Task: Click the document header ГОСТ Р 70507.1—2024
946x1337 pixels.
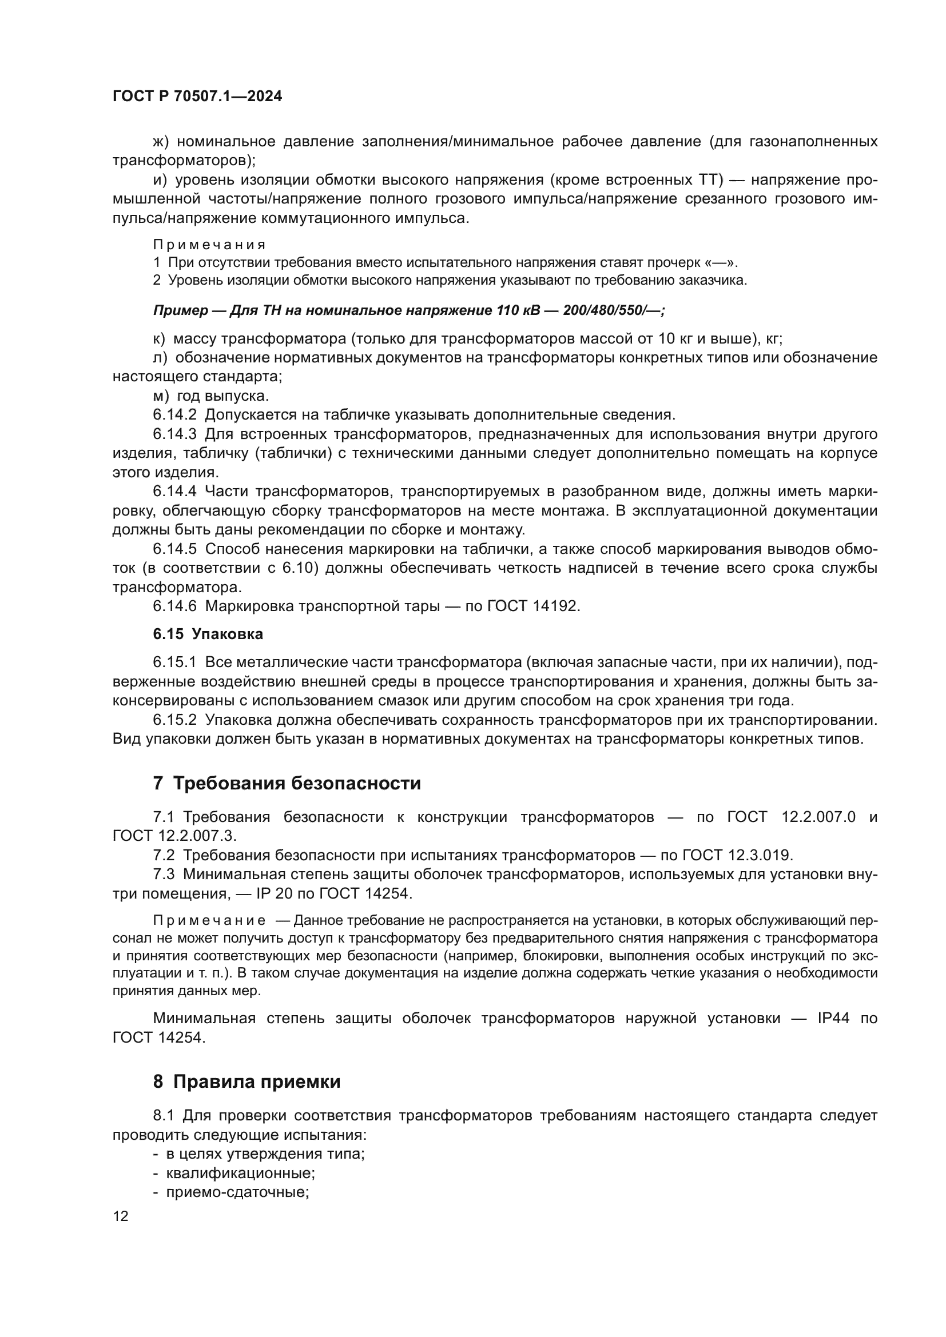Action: click(197, 97)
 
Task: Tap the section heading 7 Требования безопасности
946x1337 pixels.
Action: click(287, 783)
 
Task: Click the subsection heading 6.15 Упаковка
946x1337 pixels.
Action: click(208, 634)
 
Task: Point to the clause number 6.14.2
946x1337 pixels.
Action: click(175, 414)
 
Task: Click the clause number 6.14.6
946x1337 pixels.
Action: click(175, 605)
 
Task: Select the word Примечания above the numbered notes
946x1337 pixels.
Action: click(209, 245)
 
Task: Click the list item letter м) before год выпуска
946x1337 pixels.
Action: click(161, 396)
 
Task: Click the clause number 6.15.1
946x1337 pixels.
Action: click(175, 662)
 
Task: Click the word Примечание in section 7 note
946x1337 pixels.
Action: click(209, 921)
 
